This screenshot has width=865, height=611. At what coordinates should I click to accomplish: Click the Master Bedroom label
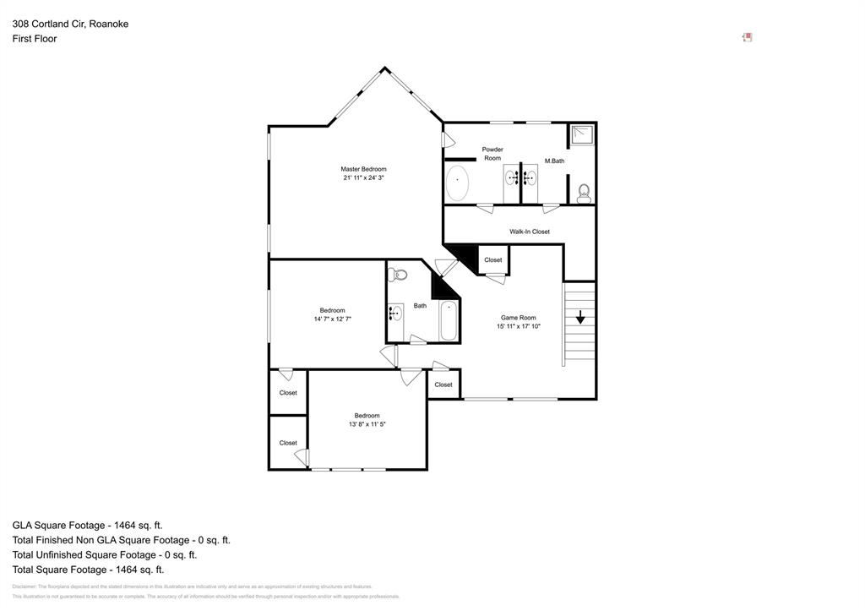(x=363, y=169)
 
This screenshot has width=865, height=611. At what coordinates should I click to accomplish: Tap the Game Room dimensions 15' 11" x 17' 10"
(x=518, y=326)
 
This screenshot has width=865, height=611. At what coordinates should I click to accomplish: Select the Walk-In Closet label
(x=529, y=232)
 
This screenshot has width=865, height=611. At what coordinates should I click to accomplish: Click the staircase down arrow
(x=580, y=318)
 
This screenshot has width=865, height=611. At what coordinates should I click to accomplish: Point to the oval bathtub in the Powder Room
(x=457, y=183)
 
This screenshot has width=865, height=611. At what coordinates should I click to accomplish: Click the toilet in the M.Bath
(x=584, y=194)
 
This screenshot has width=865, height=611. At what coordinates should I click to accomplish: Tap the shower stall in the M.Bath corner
(x=581, y=136)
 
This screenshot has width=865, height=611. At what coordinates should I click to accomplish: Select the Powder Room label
(x=492, y=154)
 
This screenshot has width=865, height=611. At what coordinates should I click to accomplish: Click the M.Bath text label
(x=554, y=161)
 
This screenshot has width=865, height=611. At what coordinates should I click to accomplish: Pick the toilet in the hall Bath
(x=399, y=274)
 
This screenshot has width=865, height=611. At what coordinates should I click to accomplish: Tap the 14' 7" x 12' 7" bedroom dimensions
(x=332, y=319)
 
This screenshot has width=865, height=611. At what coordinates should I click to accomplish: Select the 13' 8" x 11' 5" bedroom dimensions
(x=367, y=424)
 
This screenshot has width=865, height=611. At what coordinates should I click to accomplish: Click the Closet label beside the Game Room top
(x=492, y=260)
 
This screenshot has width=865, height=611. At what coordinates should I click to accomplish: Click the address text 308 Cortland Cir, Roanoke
(x=70, y=24)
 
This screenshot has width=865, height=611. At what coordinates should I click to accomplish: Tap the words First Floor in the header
(x=35, y=39)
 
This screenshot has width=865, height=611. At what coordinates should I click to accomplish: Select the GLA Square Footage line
(x=87, y=525)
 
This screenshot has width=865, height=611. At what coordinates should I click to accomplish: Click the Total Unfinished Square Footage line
(x=104, y=554)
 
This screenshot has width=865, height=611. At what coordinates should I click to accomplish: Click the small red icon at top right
(x=747, y=37)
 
